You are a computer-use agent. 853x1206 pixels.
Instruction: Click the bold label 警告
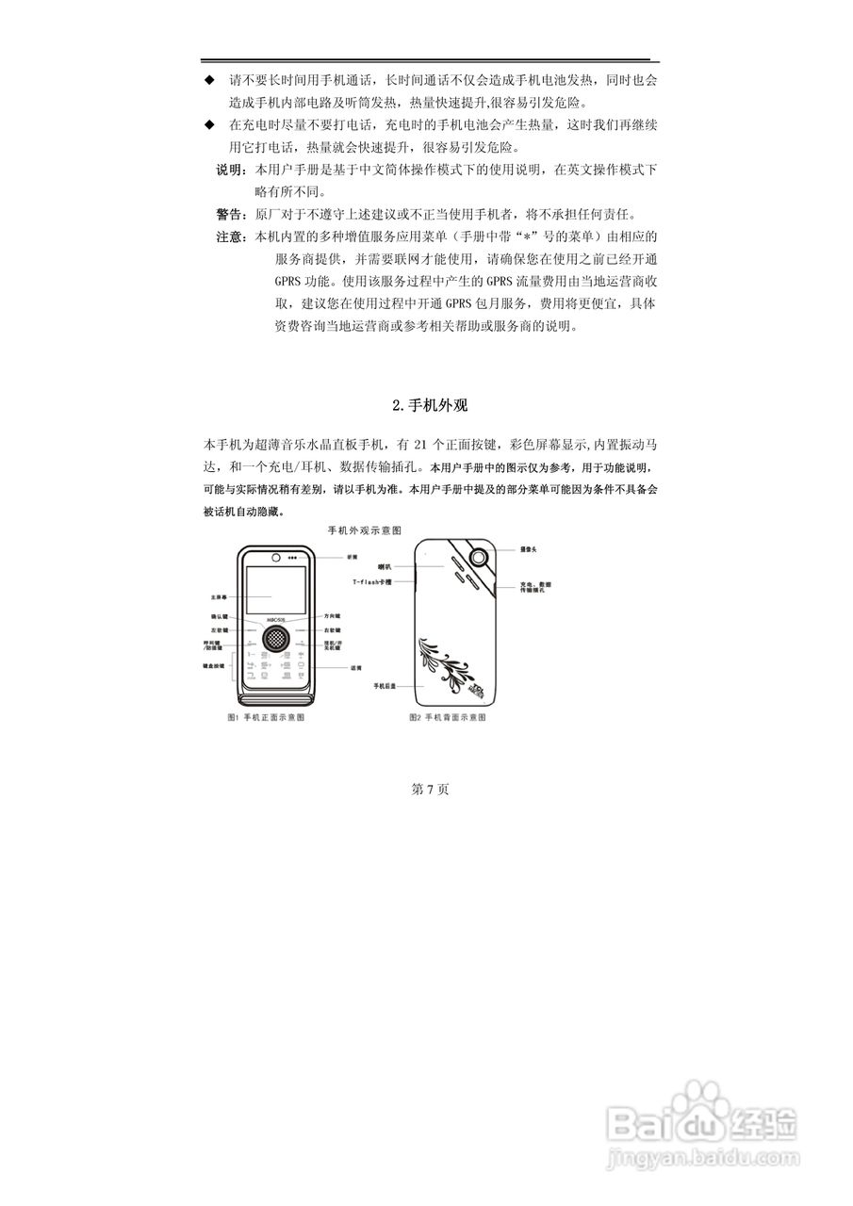(229, 213)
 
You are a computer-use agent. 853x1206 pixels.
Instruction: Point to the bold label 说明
(229, 171)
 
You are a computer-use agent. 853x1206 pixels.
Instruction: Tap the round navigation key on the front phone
(274, 637)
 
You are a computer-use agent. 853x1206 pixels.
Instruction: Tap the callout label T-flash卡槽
(371, 584)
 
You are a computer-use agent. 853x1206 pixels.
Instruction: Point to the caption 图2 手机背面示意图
(448, 717)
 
